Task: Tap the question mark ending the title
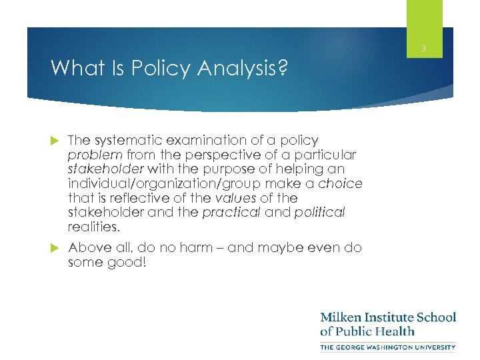(283, 68)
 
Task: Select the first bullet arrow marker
(55, 140)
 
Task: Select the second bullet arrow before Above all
(55, 248)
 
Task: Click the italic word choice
(341, 184)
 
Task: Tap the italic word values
(236, 198)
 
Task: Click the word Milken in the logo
(343, 317)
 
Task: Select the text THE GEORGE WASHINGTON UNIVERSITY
(387, 347)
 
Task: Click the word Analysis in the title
(238, 68)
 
